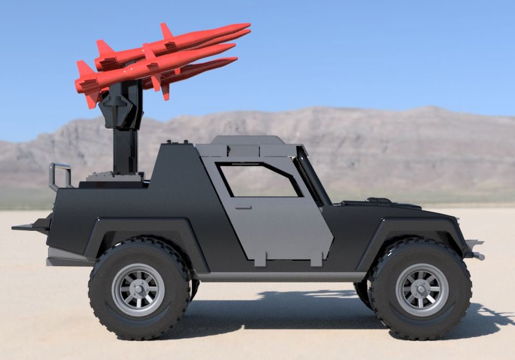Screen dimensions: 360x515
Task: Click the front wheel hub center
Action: pos(422,290)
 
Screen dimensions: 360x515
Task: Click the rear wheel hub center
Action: pos(138,290)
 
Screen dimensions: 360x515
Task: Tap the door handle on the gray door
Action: pos(243,207)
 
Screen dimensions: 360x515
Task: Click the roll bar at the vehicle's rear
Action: pos(59,173)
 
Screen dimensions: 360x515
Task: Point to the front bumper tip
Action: pos(476,255)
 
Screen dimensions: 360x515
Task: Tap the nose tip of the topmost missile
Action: pos(248,25)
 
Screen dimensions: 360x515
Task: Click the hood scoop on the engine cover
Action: pos(380,201)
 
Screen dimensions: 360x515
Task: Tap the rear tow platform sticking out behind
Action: pos(27,226)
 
